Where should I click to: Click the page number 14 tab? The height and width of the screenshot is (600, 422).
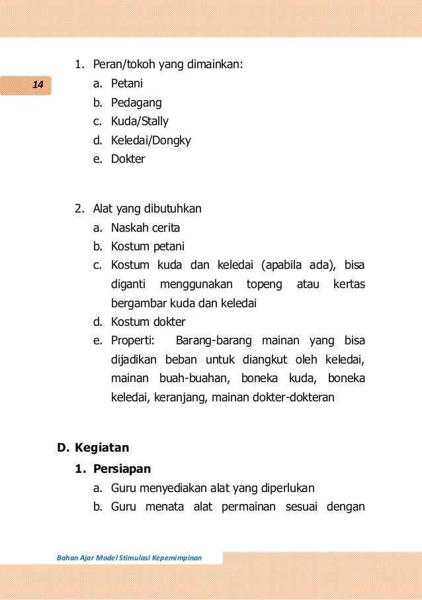coord(37,85)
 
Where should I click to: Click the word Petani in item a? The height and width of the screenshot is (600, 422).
coord(127,83)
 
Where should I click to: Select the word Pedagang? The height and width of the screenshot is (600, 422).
coord(136,103)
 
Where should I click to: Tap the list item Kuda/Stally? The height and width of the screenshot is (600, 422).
coord(140,121)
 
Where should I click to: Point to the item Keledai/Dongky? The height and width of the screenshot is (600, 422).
coord(151,140)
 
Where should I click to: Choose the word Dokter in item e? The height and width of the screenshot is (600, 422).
coord(128,159)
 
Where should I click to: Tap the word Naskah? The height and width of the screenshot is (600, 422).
coord(129,228)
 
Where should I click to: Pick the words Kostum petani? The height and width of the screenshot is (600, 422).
coord(148,246)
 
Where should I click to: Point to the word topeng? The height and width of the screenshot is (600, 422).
coord(264,284)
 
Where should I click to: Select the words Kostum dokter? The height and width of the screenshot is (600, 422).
coord(148,322)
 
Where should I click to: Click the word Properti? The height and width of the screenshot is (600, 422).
coord(132,341)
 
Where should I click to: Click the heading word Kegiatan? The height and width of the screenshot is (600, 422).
coord(102,447)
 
